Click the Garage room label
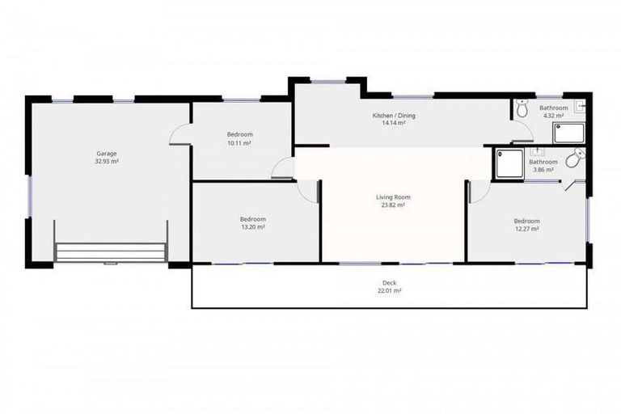pos(107,154)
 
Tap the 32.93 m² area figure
pos(107,162)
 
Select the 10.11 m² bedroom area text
pos(239,143)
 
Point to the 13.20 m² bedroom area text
pos(252,227)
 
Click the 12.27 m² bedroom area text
pos(526,229)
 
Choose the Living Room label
pos(393,197)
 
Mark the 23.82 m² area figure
pos(393,205)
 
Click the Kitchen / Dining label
pos(394,116)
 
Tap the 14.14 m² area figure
pos(394,124)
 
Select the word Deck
pos(389,283)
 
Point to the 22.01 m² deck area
pos(389,291)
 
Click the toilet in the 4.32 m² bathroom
pos(522,108)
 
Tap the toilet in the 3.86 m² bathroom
pos(574,160)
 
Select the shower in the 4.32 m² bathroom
pos(568,132)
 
